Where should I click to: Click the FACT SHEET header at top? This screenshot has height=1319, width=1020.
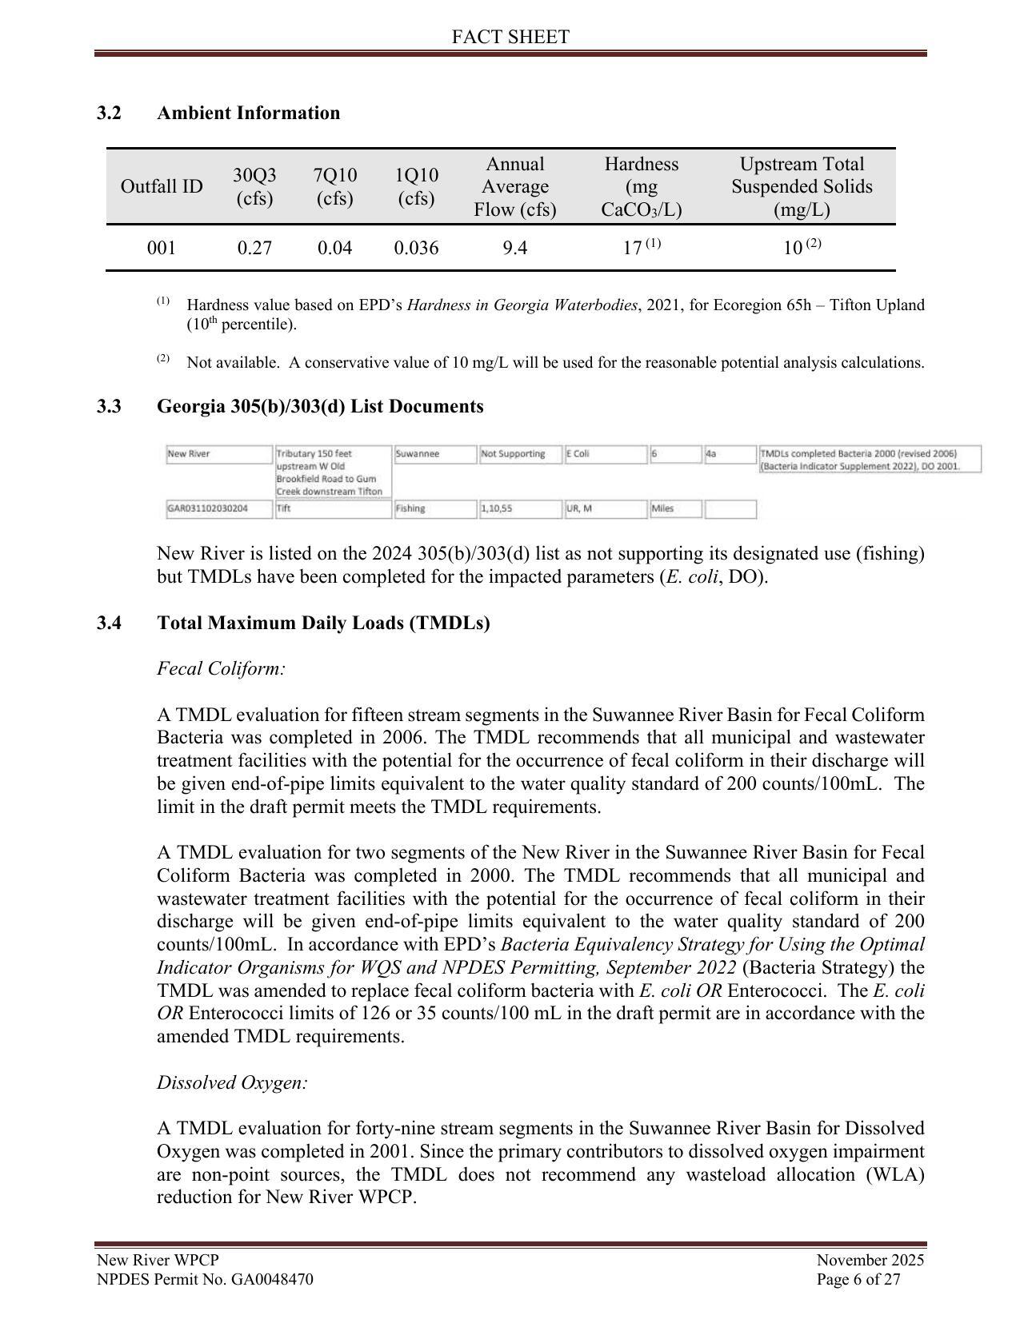pyautogui.click(x=510, y=37)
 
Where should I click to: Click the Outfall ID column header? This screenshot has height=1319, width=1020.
pyautogui.click(x=162, y=186)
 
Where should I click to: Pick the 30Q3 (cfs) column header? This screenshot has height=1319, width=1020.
pyautogui.click(x=254, y=186)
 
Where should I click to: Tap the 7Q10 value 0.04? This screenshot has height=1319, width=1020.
pyautogui.click(x=334, y=248)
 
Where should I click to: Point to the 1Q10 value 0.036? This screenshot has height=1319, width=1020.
pyautogui.click(x=416, y=248)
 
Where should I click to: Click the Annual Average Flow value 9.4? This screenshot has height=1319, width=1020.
pyautogui.click(x=515, y=248)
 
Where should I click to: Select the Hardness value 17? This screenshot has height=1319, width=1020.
pyautogui.click(x=633, y=248)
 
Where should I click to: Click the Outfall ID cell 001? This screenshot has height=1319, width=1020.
pyautogui.click(x=162, y=248)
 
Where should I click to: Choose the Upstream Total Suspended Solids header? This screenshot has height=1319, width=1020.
pyautogui.click(x=802, y=186)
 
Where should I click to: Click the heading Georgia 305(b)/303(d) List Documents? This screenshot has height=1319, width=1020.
pyautogui.click(x=320, y=406)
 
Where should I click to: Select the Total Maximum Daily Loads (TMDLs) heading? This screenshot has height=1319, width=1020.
pyautogui.click(x=323, y=623)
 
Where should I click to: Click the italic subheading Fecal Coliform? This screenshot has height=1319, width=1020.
pyautogui.click(x=221, y=668)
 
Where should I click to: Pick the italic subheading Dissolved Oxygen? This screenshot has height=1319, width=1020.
pyautogui.click(x=232, y=1082)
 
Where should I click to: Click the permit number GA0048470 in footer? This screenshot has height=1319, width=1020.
pyautogui.click(x=271, y=1279)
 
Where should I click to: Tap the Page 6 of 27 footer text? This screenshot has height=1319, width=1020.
pyautogui.click(x=858, y=1279)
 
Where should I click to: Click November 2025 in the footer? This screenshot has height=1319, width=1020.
pyautogui.click(x=870, y=1261)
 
